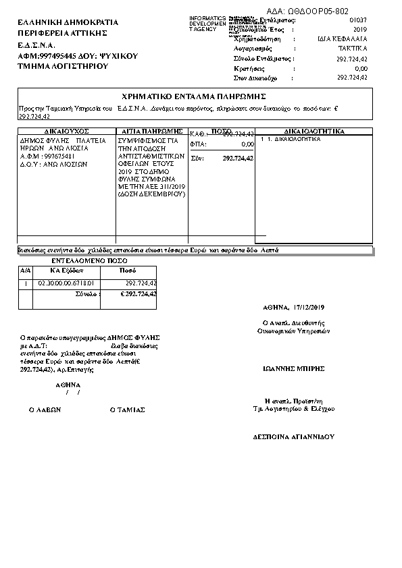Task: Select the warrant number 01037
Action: [x=358, y=21]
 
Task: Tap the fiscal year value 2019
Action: [x=360, y=30]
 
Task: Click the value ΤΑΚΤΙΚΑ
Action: [x=353, y=49]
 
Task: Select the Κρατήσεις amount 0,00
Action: [x=361, y=69]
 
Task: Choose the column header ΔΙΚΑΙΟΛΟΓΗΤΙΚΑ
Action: [x=314, y=131]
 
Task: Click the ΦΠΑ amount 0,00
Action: [x=247, y=144]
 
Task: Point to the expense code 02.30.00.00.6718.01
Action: [x=66, y=283]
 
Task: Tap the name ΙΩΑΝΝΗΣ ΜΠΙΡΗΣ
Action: [x=294, y=369]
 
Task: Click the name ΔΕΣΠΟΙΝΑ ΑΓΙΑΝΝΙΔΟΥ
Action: [x=293, y=436]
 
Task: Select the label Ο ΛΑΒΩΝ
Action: [x=45, y=409]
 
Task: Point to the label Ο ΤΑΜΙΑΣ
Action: [x=127, y=409]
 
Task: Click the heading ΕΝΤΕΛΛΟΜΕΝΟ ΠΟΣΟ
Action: [x=89, y=260]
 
